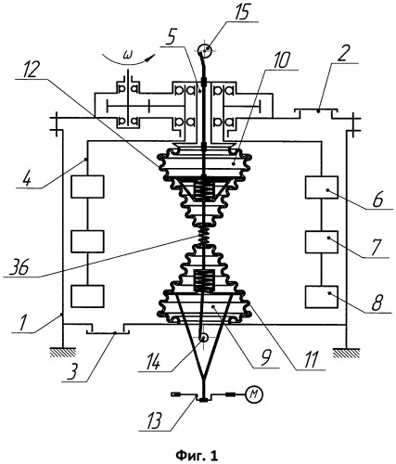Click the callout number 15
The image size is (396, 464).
pos(242,13)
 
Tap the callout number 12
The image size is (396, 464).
pos(28,69)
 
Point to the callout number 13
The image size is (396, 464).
pos(152,419)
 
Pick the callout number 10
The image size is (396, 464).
pos(281,58)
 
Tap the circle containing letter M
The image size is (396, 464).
pos(254,394)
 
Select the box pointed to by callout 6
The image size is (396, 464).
pos(322,187)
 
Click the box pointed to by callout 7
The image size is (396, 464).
pos(322,242)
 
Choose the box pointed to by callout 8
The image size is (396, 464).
pos(322,297)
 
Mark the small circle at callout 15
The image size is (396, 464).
pos(205,49)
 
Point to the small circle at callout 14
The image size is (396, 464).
pos(203,338)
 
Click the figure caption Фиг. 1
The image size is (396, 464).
pos(197,455)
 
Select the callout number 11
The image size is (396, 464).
pos(310,360)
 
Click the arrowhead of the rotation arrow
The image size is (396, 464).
pos(150,58)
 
